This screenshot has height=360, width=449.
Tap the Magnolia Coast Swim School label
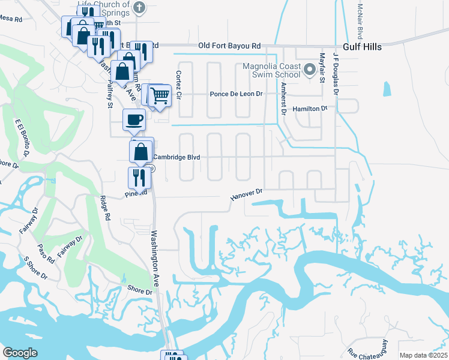pos(271,70)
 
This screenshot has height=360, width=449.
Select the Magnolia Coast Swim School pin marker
pos(310,70)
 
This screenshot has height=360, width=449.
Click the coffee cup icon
pos(134,119)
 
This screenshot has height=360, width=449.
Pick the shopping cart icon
pos(160,95)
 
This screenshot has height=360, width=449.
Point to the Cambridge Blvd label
pos(176,157)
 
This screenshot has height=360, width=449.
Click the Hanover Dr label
pos(247,194)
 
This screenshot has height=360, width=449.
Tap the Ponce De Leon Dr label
pos(237,94)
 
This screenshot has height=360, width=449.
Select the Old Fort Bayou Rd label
pos(230,46)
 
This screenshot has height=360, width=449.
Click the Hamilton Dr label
pos(310,109)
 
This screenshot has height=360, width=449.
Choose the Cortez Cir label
pos(178,86)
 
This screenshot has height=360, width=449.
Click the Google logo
pos(20,353)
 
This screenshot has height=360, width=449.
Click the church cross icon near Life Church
pos(139,8)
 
